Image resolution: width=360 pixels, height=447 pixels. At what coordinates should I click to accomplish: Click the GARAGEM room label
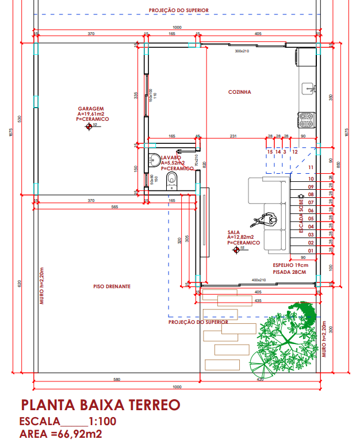pyautogui.click(x=90, y=109)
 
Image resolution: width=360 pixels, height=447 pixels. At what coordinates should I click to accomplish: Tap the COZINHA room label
pyautogui.click(x=239, y=92)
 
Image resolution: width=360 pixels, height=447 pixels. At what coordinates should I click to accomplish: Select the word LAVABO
pyautogui.click(x=171, y=157)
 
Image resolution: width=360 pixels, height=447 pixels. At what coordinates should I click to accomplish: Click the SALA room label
pyautogui.click(x=233, y=232)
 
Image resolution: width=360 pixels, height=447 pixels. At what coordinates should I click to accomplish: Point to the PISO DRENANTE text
pyautogui.click(x=112, y=286)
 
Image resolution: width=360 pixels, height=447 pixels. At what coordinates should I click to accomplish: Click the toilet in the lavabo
pyautogui.click(x=171, y=182)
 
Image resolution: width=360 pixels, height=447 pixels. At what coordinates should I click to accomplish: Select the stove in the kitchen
pyautogui.click(x=306, y=120)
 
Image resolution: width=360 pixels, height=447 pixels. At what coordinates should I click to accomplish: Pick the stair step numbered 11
pyautogui.click(x=311, y=167)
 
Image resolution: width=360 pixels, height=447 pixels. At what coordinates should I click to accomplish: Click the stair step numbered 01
pyautogui.click(x=311, y=251)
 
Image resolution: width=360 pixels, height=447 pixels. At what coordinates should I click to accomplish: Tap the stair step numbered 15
pyautogui.click(x=270, y=152)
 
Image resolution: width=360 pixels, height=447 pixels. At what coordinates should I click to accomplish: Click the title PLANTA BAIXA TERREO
pyautogui.click(x=100, y=404)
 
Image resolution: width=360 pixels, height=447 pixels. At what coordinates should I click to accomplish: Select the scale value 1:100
pyautogui.click(x=102, y=421)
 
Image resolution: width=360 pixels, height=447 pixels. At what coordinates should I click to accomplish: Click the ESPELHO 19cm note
pyautogui.click(x=291, y=265)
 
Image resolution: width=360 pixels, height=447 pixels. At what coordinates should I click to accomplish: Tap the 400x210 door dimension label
pyautogui.click(x=260, y=280)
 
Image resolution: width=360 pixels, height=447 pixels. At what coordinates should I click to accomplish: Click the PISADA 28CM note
pyautogui.click(x=290, y=272)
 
